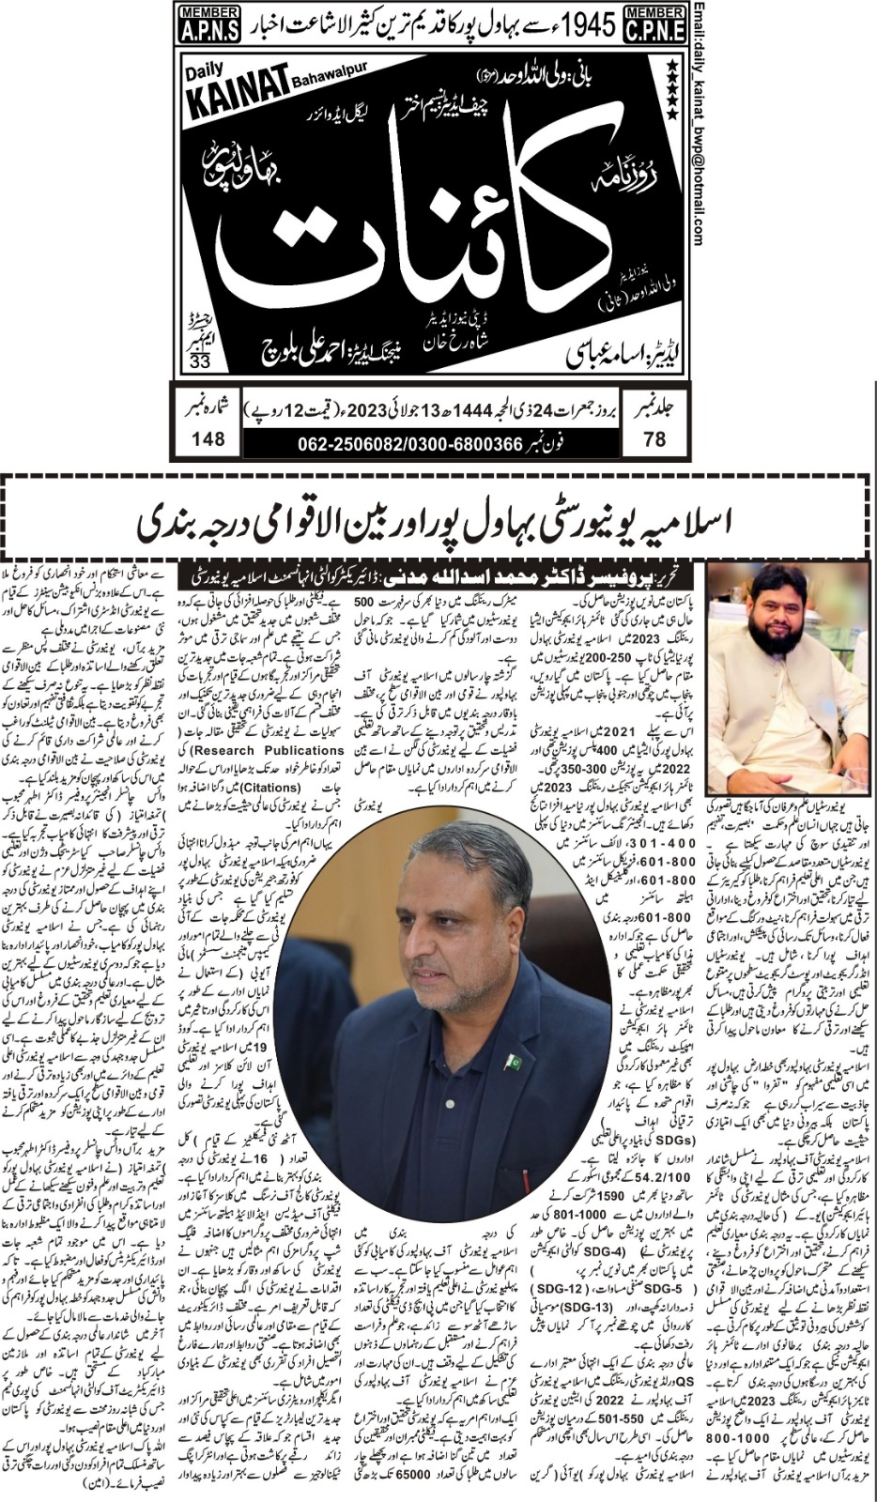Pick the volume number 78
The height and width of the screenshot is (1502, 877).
coord(655,437)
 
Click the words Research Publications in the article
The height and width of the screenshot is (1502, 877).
coord(283,751)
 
